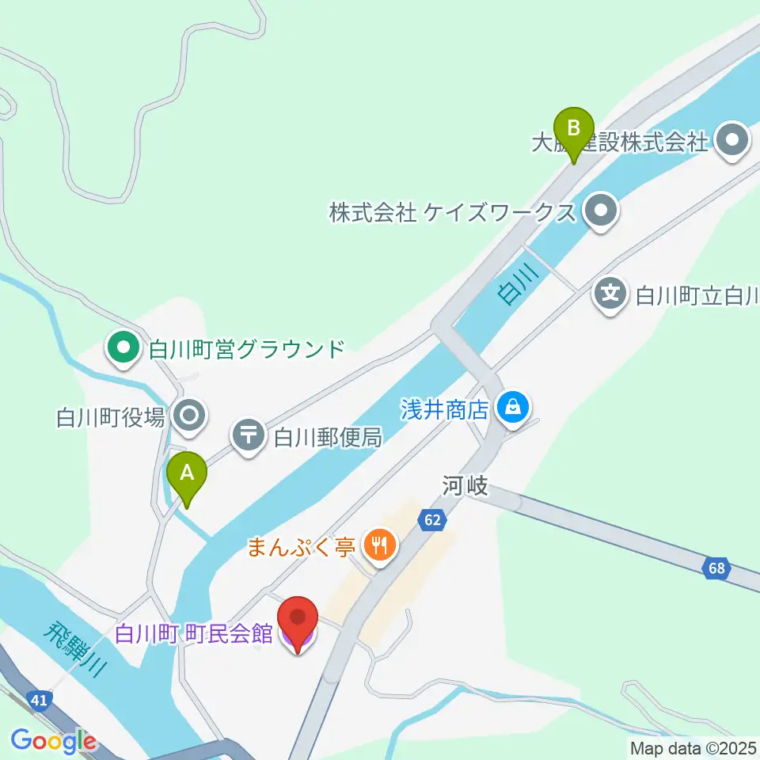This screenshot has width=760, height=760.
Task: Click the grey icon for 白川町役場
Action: [190, 415]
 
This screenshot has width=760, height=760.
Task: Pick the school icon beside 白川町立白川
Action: [610, 295]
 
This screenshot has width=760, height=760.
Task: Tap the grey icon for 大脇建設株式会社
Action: [731, 142]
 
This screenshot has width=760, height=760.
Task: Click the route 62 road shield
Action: [431, 520]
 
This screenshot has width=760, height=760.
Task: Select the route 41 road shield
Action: [38, 700]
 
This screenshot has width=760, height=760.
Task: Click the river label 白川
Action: [518, 283]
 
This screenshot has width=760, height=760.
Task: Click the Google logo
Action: [53, 742]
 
